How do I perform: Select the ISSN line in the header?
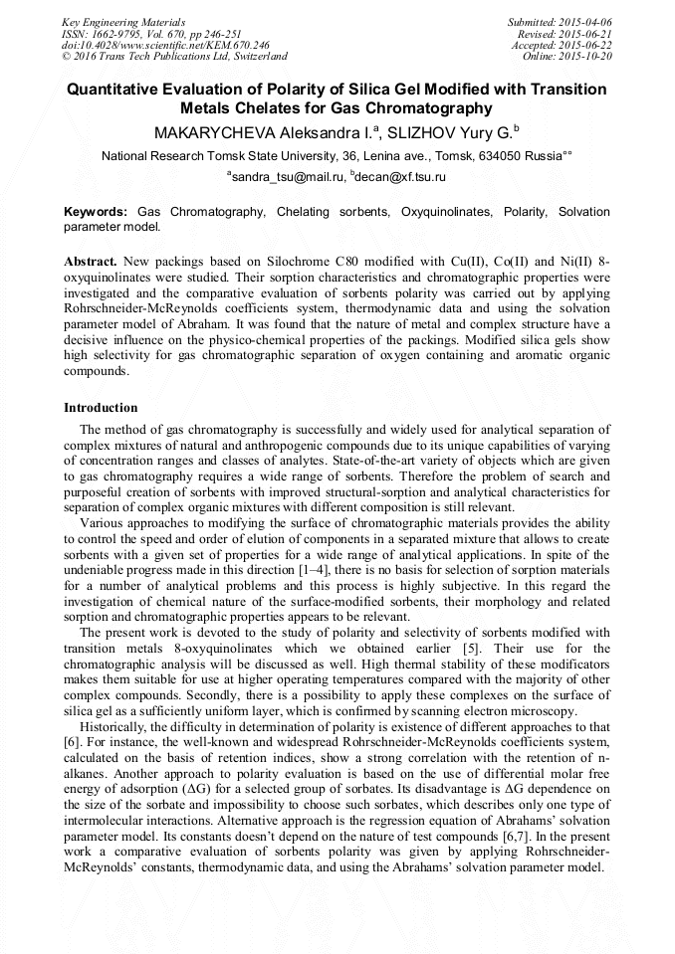(x=150, y=33)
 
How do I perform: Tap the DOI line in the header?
(x=165, y=45)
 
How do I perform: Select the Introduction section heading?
(x=101, y=408)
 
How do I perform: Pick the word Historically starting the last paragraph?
(x=118, y=727)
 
